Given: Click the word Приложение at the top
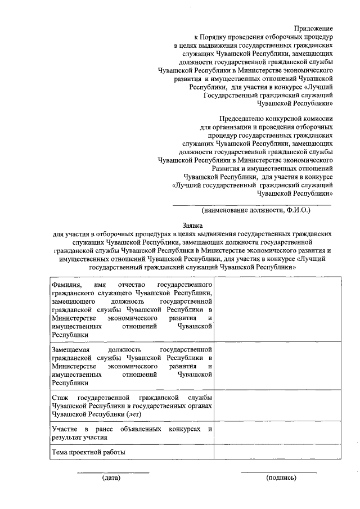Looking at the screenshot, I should pos(313,28).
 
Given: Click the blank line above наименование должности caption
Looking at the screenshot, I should pos(251,205).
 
